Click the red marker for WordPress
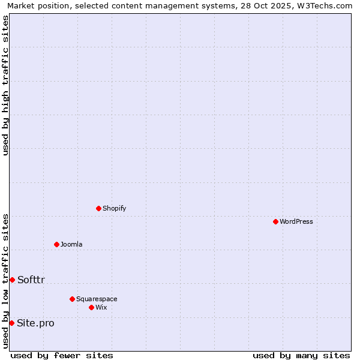pyautogui.click(x=275, y=221)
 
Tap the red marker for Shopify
pyautogui.click(x=98, y=208)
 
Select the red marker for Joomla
pyautogui.click(x=56, y=244)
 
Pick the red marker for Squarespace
pyautogui.click(x=72, y=299)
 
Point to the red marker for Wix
pyautogui.click(x=91, y=307)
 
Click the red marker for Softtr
pyautogui.click(x=12, y=280)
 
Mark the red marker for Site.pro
pyautogui.click(x=11, y=323)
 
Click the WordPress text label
pyautogui.click(x=296, y=221)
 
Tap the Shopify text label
pyautogui.click(x=114, y=208)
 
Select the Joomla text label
pyautogui.click(x=71, y=244)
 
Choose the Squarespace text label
pyautogui.click(x=97, y=299)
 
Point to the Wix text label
pyautogui.click(x=101, y=307)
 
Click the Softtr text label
pyautogui.click(x=31, y=280)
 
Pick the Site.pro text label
pyautogui.click(x=35, y=323)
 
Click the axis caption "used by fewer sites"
pyautogui.click(x=62, y=355)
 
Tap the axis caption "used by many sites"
pyautogui.click(x=301, y=355)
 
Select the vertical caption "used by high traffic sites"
pyautogui.click(x=5, y=85)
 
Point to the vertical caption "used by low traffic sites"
pyautogui.click(x=5, y=281)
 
